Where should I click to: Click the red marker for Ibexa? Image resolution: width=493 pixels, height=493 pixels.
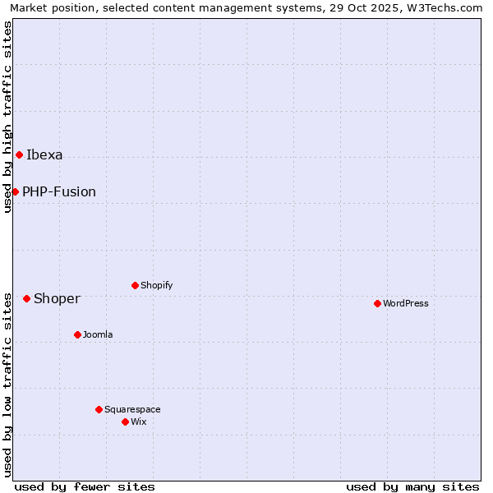point(19,154)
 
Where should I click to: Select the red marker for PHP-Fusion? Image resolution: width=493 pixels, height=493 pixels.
point(15,191)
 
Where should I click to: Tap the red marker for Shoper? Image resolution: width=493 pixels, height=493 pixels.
point(26,298)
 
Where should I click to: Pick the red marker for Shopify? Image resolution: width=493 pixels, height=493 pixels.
point(135,285)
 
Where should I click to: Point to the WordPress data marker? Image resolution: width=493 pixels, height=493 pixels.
point(377,303)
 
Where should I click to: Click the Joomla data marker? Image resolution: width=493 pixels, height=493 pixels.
point(77,334)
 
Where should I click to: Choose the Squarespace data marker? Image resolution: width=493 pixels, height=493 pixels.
point(99,409)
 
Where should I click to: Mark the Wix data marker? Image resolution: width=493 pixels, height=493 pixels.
point(125,422)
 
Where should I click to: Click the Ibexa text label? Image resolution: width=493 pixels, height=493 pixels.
point(44,154)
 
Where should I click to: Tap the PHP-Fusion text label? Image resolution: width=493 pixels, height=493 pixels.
point(59,191)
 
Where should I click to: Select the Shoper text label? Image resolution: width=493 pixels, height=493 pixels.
point(57,298)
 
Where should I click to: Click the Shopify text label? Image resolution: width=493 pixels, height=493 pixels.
point(156,285)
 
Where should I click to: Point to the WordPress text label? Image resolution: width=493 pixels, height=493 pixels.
point(406,303)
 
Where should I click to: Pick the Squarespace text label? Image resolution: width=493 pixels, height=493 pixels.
point(132,409)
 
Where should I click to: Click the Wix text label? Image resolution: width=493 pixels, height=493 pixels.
point(138,422)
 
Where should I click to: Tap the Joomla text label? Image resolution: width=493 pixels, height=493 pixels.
point(98,334)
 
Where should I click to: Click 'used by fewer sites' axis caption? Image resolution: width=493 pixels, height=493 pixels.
point(85,486)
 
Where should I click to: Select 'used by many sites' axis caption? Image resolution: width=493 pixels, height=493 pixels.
point(412,486)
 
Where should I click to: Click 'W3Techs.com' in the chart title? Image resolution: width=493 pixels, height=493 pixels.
point(450,8)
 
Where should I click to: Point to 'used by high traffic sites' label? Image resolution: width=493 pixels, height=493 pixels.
point(8,117)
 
